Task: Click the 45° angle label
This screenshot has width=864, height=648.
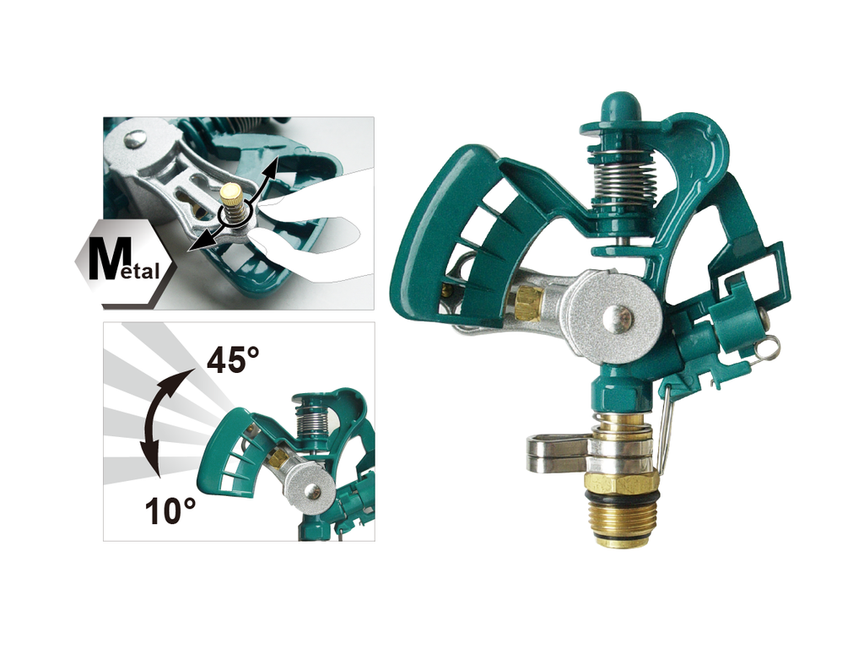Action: point(233,362)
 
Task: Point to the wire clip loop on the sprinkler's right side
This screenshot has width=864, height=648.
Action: point(768,347)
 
